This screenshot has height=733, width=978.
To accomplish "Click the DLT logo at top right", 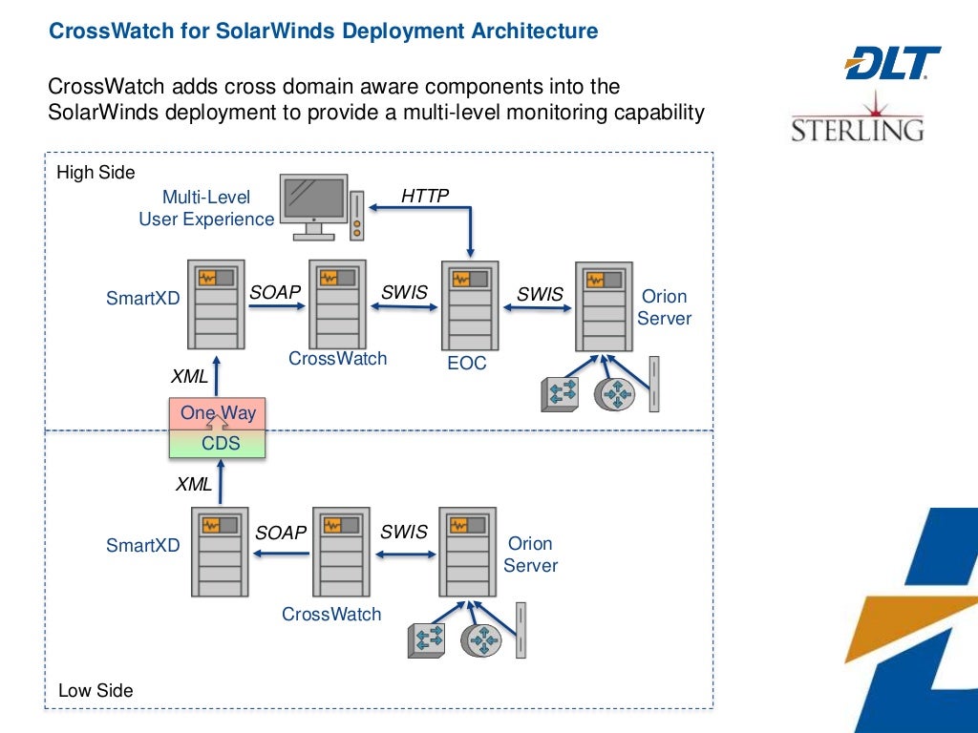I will click(x=892, y=63).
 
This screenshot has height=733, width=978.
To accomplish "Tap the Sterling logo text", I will click(x=857, y=129).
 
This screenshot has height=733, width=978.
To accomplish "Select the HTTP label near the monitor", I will click(x=425, y=196).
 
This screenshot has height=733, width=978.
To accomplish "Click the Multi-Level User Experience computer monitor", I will click(x=313, y=205).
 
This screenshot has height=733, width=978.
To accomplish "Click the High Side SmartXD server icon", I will click(x=216, y=304).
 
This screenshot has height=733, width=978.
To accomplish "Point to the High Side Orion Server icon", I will click(x=604, y=305).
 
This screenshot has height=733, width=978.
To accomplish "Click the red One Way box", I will click(x=218, y=414).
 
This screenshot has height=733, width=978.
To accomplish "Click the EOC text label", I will click(x=467, y=364).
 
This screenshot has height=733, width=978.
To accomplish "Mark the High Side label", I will click(x=96, y=173).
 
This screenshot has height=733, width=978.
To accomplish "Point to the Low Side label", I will click(x=96, y=690).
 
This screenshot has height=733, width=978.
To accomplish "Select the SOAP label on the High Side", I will click(x=275, y=293).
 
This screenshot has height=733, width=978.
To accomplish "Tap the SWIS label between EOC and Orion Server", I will click(x=540, y=294).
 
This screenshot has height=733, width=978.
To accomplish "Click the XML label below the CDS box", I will click(x=194, y=484).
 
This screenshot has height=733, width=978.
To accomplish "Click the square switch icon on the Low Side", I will click(x=426, y=639).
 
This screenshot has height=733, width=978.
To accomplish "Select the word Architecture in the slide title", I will click(x=534, y=31).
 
